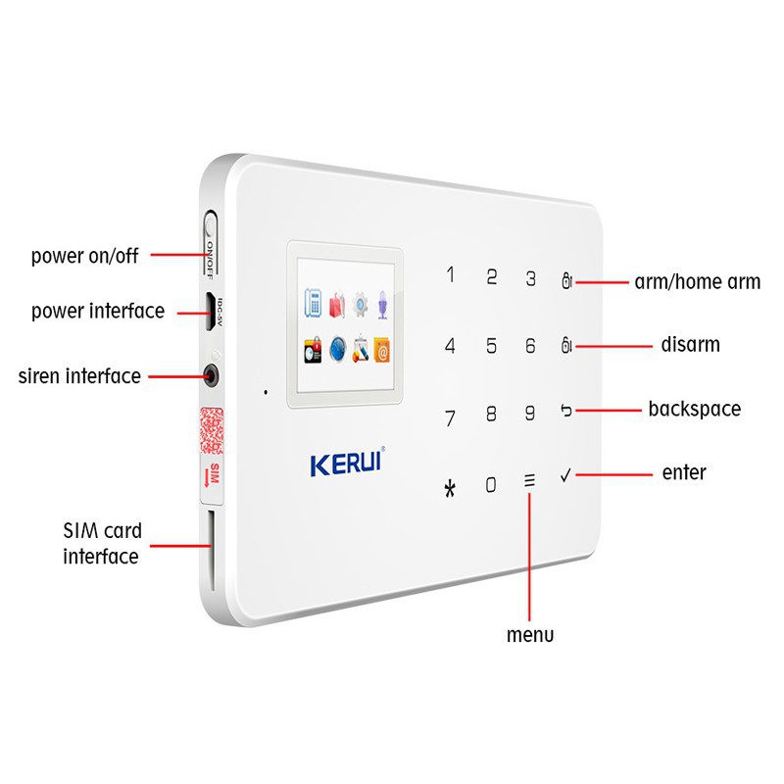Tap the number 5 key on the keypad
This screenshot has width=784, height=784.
(x=492, y=345)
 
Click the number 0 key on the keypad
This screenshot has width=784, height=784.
(x=492, y=483)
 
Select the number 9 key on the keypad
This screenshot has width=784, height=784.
(x=530, y=413)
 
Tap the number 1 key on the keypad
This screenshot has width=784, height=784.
(x=451, y=274)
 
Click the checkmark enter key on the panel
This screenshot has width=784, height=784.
(x=565, y=475)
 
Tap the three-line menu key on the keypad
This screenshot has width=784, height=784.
(x=530, y=481)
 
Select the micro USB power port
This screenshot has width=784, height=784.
(x=209, y=309)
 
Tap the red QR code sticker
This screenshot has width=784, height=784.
(x=212, y=428)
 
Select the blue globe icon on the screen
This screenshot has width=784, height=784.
(x=338, y=347)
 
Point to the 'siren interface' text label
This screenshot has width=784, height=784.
(x=79, y=375)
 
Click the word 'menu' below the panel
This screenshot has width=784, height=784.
(x=529, y=634)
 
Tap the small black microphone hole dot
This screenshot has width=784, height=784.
(x=265, y=393)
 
